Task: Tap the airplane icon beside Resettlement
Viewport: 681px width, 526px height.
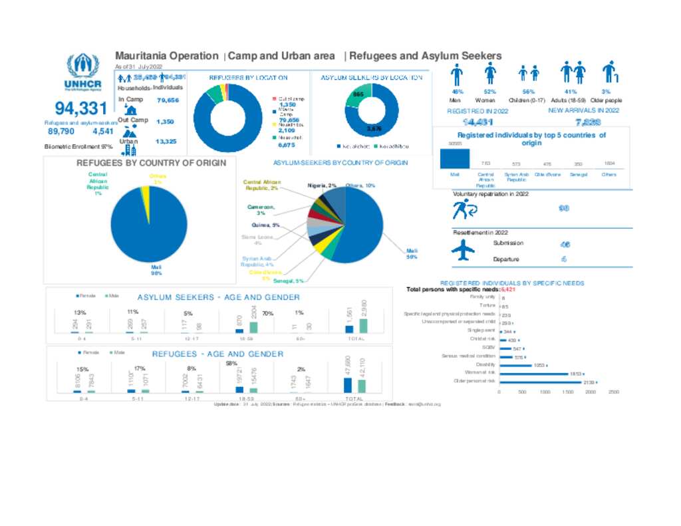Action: coord(464,251)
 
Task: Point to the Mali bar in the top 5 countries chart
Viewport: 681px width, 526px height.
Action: coord(455,159)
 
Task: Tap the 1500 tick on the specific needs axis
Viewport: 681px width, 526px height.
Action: coord(568,392)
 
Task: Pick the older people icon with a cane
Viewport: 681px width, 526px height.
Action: coord(609,72)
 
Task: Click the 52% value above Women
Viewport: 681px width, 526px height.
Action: coord(490,92)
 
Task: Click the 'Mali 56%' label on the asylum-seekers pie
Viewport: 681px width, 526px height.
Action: coord(412,253)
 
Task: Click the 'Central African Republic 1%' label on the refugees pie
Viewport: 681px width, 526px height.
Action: coord(98,184)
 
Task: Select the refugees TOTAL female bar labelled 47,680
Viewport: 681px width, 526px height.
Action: coord(347,385)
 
